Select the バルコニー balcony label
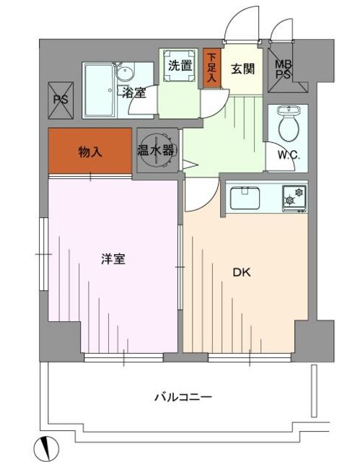(x=183, y=396)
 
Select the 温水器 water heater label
(x=156, y=151)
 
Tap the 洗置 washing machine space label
(x=179, y=65)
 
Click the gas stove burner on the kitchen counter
(x=294, y=196)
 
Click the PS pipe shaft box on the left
(x=60, y=100)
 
